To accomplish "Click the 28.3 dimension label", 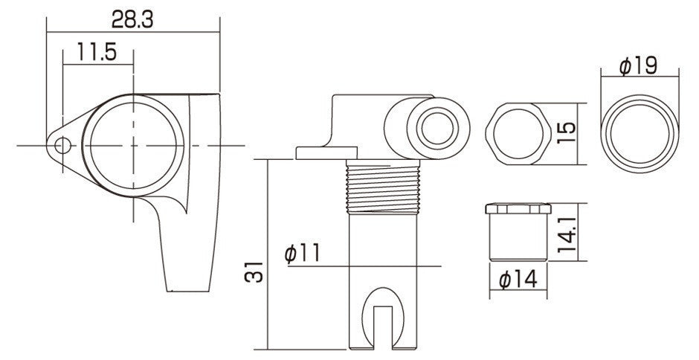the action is click(132, 19).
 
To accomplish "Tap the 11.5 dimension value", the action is click(97, 52).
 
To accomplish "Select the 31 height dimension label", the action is click(254, 271).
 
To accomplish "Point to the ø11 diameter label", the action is click(302, 254).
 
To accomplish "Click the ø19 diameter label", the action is click(638, 66).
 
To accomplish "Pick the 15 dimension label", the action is click(567, 133).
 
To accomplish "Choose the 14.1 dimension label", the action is click(567, 232).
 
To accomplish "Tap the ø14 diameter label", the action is click(518, 280).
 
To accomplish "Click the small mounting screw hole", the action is click(63, 146).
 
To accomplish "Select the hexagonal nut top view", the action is click(518, 134).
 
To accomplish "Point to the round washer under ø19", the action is click(640, 134).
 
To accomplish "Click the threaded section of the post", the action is click(383, 187).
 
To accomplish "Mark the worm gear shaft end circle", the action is click(437, 129).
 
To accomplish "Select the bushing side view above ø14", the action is click(518, 232).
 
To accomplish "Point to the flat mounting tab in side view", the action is click(326, 153).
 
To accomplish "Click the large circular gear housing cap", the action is click(133, 146).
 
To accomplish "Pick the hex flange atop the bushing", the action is click(518, 208).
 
